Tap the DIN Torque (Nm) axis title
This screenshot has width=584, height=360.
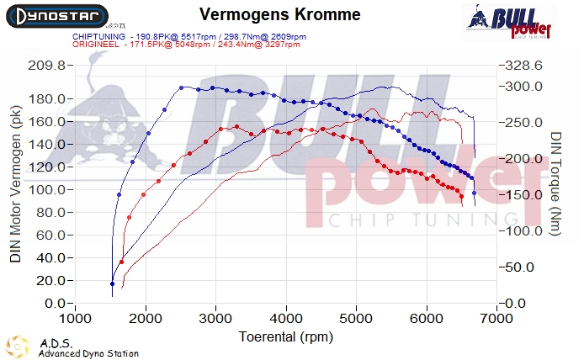556,183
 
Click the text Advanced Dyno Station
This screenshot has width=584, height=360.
88,354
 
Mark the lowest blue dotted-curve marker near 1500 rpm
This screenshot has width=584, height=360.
112,283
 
